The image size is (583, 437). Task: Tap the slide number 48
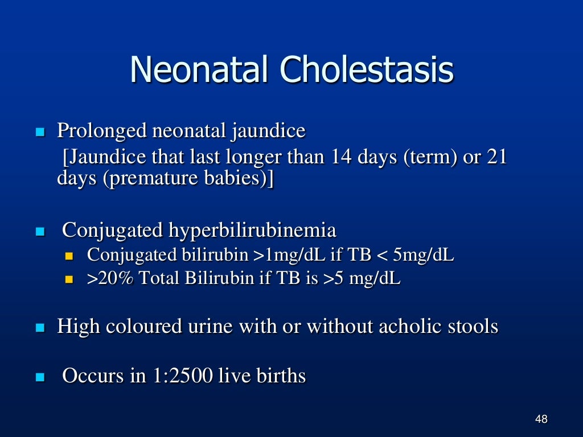click(x=541, y=420)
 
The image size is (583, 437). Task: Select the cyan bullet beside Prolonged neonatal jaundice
click(x=40, y=133)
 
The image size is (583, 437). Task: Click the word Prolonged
click(x=100, y=132)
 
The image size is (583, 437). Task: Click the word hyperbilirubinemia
click(x=252, y=231)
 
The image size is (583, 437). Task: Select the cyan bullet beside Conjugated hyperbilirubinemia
click(x=40, y=232)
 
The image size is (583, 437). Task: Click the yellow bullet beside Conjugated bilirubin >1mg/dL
click(x=70, y=256)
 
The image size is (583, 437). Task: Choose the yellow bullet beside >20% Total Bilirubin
click(x=70, y=280)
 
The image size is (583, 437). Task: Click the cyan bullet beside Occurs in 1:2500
click(x=40, y=377)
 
